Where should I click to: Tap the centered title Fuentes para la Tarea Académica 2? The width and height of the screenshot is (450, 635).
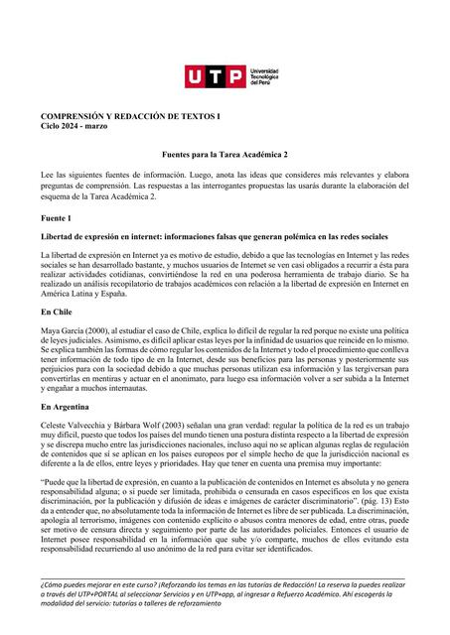click(x=225, y=156)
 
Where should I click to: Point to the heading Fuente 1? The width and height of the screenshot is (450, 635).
click(x=56, y=216)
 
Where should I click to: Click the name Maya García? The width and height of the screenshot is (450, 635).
click(x=63, y=330)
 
